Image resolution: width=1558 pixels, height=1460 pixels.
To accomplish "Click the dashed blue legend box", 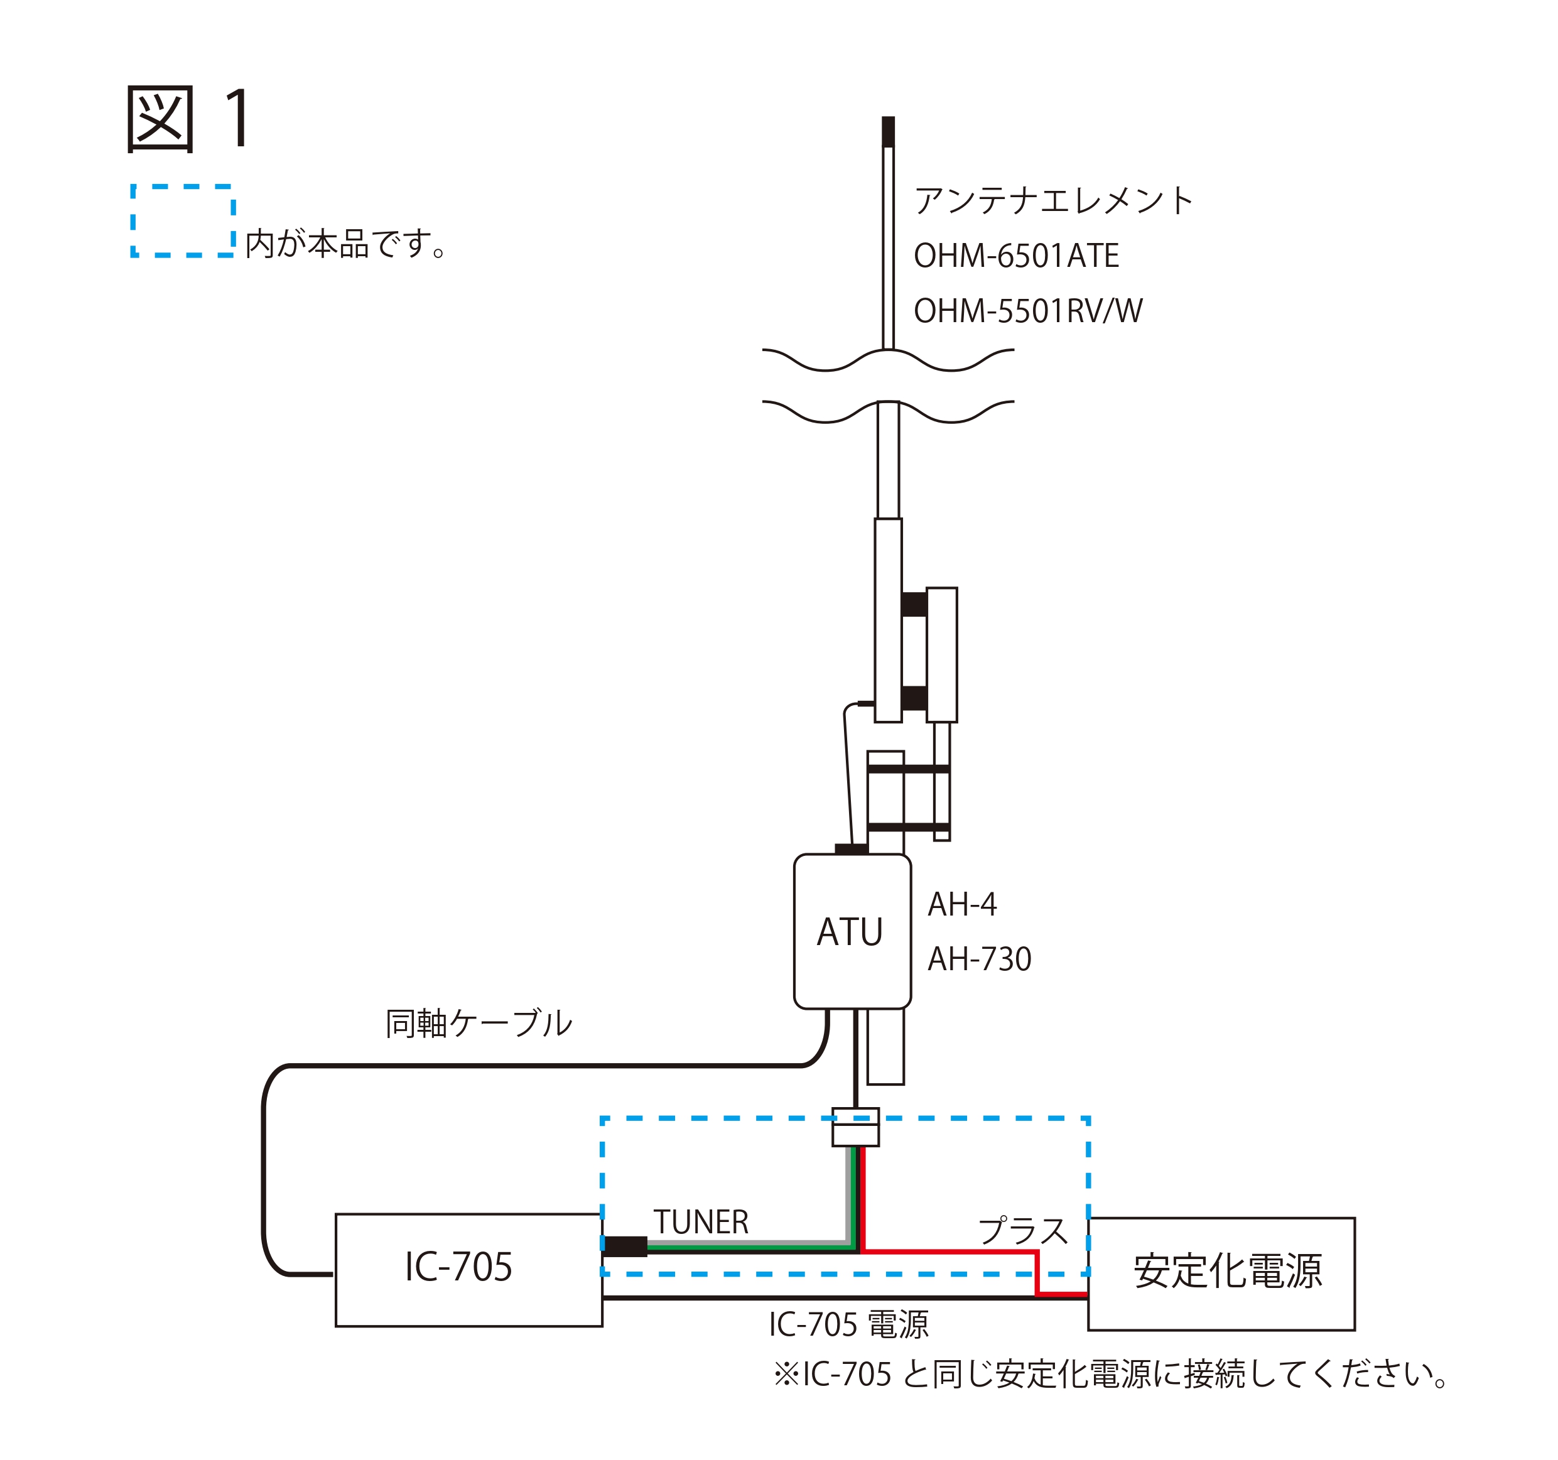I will coord(183,220).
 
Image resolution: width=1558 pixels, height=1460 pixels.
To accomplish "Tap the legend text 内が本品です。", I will coord(345,244).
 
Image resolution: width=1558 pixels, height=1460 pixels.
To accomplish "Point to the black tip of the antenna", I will coord(888,132).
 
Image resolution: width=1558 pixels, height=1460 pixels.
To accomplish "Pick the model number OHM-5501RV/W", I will coord(1027,311).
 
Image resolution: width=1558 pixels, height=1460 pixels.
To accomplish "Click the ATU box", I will coord(852,932).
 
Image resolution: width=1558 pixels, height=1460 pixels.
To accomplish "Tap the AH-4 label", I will coord(961,904).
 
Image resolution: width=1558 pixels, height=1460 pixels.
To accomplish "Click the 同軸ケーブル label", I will coord(479,1024).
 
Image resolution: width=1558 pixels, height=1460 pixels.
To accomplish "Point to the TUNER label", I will coord(701,1222).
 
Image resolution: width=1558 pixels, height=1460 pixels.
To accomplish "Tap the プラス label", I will coord(1023,1230).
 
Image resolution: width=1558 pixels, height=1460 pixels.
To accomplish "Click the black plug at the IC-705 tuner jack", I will coord(625,1246).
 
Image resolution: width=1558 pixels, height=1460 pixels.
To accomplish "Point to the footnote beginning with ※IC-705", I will coord(1110,1374).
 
